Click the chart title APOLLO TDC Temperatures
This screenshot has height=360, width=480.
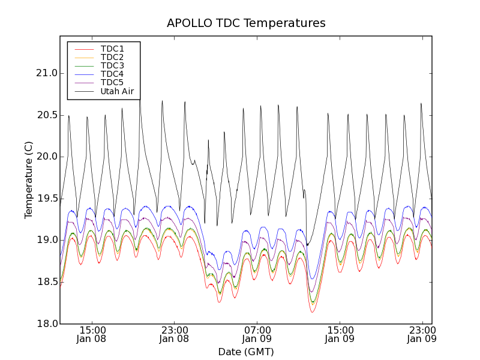[246, 23]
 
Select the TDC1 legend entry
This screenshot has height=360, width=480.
[112, 49]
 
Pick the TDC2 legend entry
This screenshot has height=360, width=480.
[112, 57]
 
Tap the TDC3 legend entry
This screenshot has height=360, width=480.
[112, 65]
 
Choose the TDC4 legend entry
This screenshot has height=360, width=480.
[112, 74]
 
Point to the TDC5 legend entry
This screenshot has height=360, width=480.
[112, 82]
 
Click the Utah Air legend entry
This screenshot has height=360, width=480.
[117, 91]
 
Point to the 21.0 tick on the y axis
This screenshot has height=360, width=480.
[46, 73]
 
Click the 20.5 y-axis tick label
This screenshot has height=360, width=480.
[46, 115]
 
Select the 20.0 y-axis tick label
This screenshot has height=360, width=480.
[46, 157]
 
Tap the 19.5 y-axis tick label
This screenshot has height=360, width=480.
[46, 199]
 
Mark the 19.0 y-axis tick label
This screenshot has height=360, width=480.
[46, 240]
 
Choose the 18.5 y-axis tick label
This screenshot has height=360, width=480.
[46, 282]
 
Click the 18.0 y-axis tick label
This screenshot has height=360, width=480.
[46, 324]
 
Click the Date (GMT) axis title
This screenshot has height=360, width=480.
[246, 352]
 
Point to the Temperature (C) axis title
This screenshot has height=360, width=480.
[29, 180]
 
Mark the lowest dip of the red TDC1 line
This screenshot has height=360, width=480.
[313, 312]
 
